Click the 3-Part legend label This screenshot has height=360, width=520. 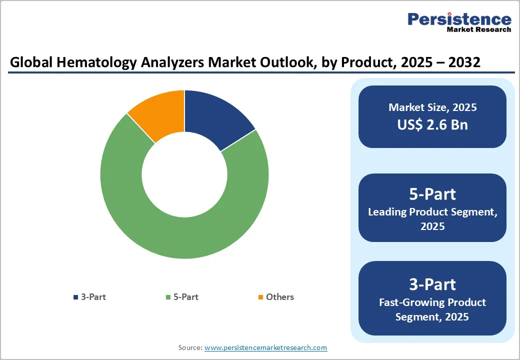click(93, 297)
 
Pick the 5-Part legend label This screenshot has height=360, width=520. click(186, 297)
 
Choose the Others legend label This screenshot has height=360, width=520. click(280, 297)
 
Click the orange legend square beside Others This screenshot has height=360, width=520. click(260, 297)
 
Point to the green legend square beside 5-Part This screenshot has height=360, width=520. click(168, 297)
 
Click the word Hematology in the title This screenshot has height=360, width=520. click(87, 62)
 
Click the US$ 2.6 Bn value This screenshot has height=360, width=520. click(432, 124)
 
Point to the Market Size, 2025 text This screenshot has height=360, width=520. click(432, 107)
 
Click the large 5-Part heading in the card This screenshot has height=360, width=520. click(432, 194)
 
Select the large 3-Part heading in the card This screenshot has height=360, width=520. click(432, 284)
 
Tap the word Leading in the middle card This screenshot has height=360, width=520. click(387, 212)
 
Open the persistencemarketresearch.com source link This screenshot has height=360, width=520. click(266, 347)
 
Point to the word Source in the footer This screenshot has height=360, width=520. click(190, 347)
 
